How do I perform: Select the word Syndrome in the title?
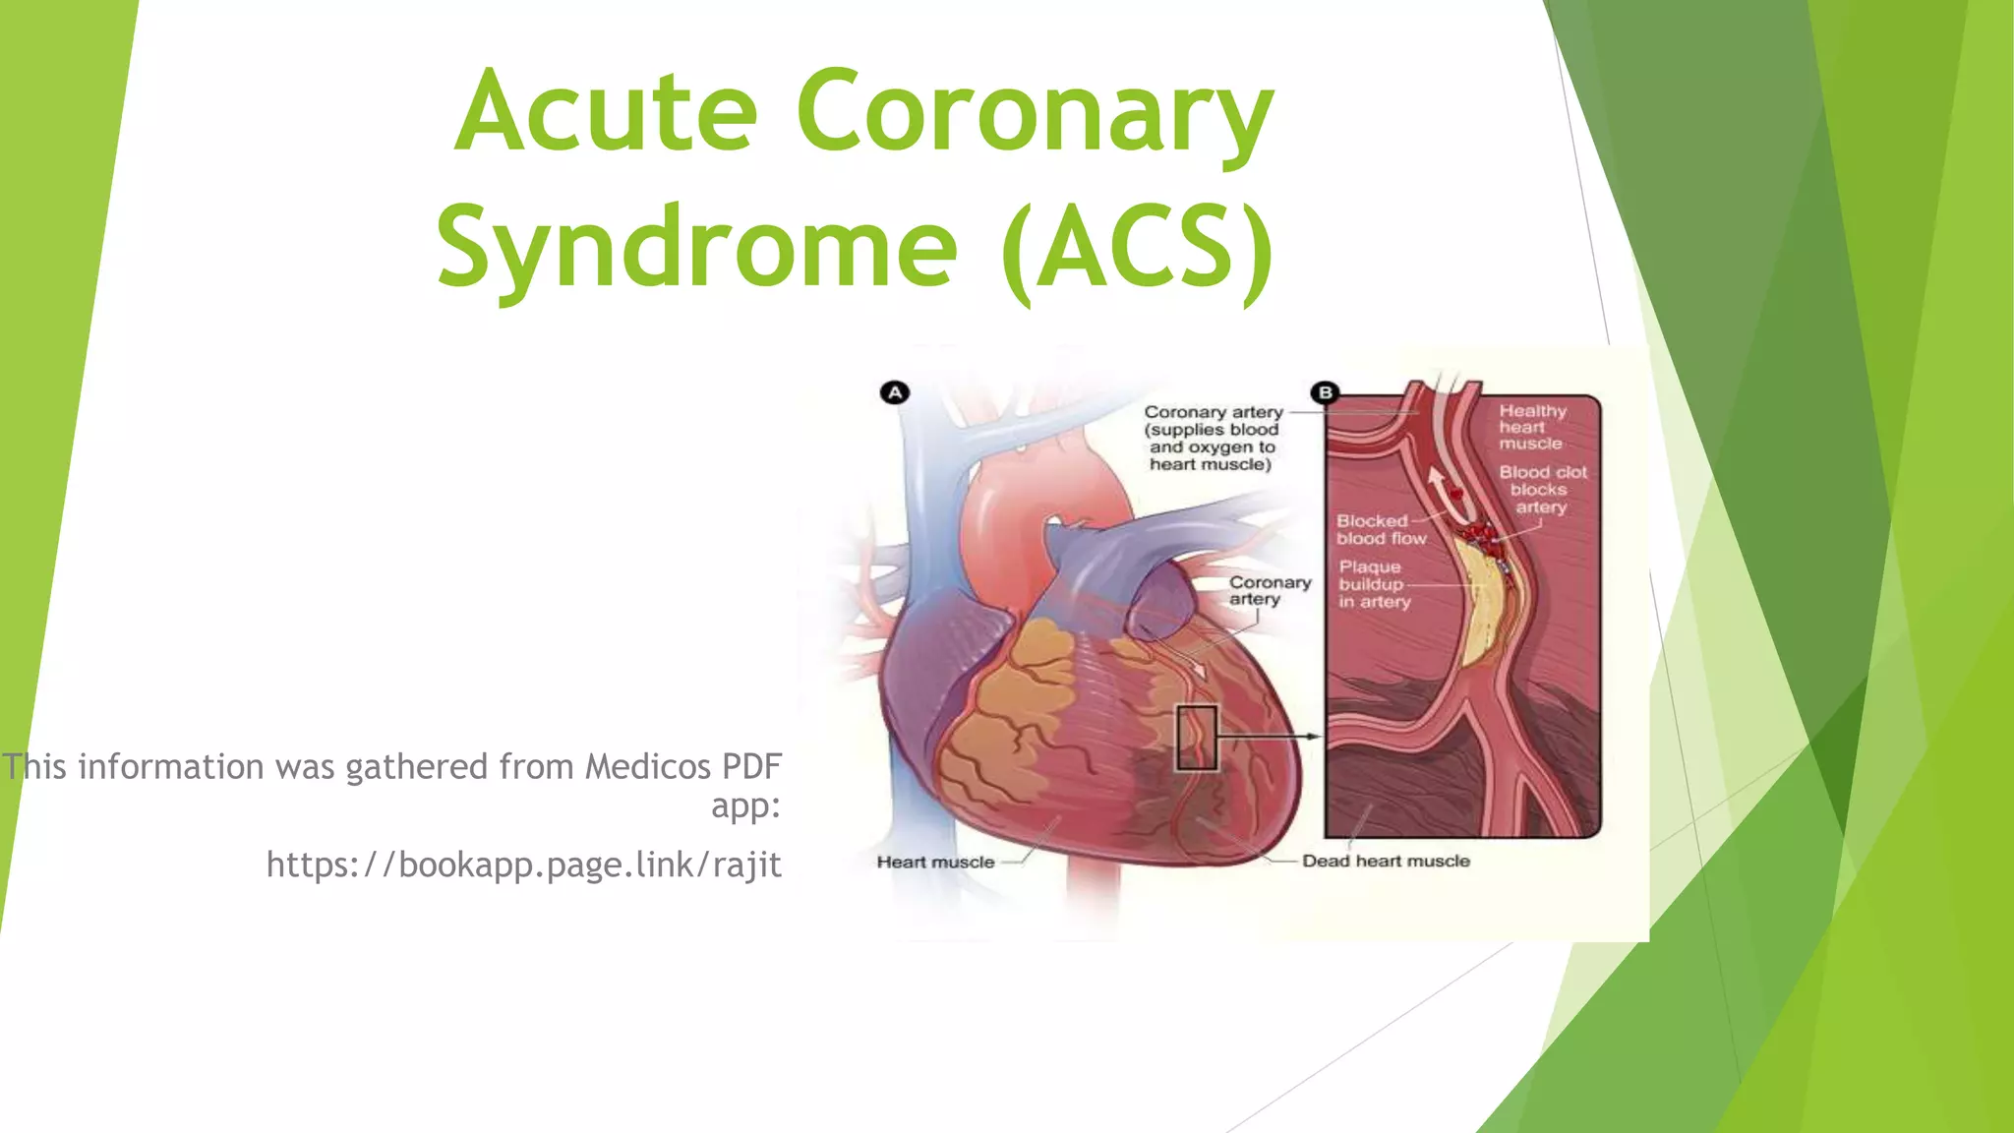point(696,247)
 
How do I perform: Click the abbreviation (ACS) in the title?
point(1139,247)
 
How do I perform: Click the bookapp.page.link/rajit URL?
point(523,865)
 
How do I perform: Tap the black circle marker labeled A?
point(895,392)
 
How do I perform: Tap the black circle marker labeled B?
point(1326,392)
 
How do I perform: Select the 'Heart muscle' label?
point(935,863)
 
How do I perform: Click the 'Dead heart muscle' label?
point(1386,862)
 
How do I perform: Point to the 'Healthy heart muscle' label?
point(1531,427)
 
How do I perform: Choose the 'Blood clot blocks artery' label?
point(1541,490)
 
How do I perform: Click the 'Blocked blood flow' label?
point(1379,529)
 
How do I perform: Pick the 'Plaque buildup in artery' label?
point(1373,584)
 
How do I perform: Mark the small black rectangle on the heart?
point(1197,738)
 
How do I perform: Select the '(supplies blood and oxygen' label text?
point(1212,439)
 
